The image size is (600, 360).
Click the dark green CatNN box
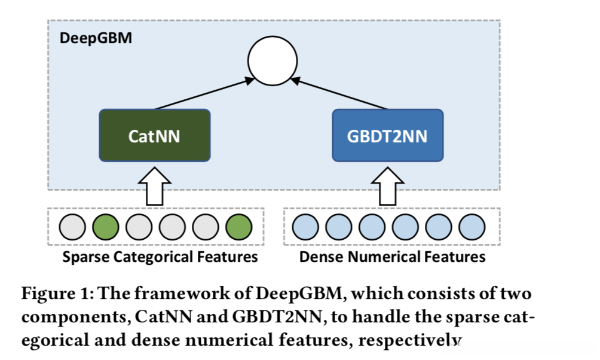click(x=154, y=135)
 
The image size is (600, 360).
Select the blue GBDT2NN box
click(x=387, y=135)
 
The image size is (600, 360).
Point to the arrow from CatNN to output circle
click(x=203, y=94)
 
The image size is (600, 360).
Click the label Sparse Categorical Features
click(x=160, y=257)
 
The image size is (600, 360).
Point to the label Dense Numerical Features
click(x=392, y=257)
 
